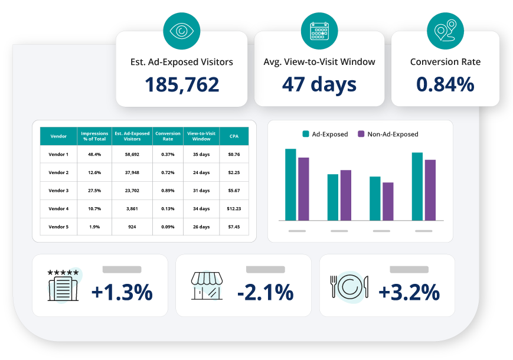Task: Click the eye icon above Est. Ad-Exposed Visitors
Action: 182,31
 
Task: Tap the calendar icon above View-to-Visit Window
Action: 319,31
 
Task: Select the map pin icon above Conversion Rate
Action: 445,31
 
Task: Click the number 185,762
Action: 182,84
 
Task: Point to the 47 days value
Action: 319,84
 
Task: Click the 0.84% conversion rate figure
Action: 445,84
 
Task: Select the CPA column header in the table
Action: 234,136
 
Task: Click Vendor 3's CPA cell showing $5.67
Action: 234,190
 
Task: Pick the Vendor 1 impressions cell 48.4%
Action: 94,155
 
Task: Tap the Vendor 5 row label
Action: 58,227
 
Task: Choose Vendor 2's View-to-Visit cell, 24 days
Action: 201,172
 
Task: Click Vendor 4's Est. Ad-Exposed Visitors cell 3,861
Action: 132,208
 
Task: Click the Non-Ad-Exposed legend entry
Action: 388,134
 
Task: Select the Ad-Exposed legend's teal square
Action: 306,134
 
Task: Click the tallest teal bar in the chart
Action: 290,185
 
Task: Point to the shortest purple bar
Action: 388,201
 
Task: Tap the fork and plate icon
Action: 349,287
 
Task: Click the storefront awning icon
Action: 207,286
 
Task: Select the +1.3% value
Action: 122,292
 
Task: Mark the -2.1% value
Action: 265,292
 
